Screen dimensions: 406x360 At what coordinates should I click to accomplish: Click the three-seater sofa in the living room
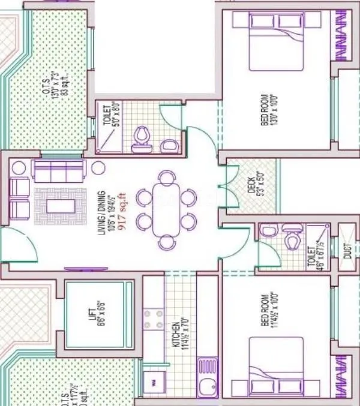click(58, 171)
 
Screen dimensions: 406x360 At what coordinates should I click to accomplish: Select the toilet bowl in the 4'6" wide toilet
click(291, 240)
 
